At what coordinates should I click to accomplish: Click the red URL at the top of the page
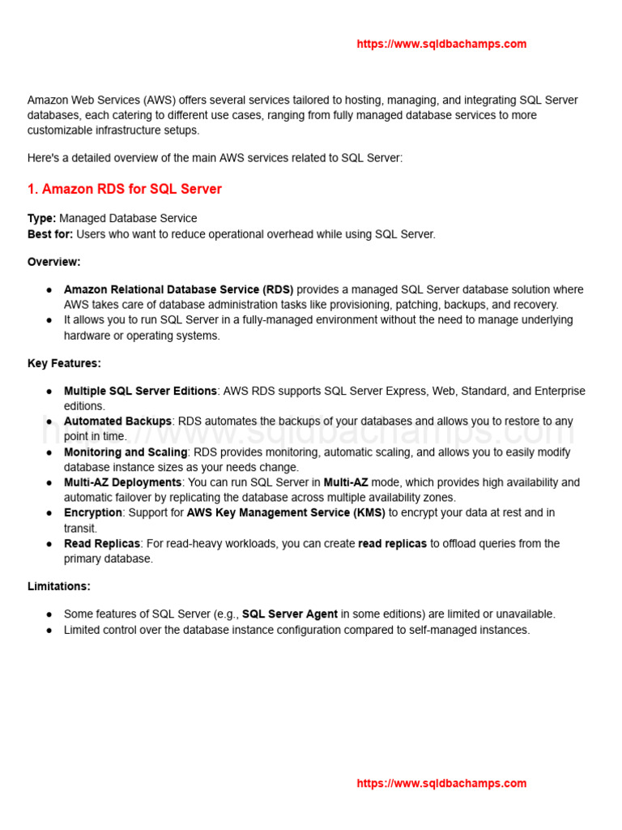(441, 44)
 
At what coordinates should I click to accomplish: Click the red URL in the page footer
(441, 783)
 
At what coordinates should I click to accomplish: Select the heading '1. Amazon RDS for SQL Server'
(124, 189)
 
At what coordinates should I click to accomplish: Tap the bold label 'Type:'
(41, 219)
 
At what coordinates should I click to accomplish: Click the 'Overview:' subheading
(53, 262)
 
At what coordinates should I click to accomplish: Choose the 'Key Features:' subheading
(64, 363)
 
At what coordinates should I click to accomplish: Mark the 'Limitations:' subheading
(58, 586)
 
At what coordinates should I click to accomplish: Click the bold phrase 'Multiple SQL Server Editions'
(140, 391)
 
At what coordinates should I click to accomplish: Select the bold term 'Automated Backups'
(117, 421)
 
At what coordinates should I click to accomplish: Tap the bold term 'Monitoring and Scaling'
(126, 452)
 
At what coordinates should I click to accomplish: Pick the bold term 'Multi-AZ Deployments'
(122, 482)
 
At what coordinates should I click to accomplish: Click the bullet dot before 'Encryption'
(49, 513)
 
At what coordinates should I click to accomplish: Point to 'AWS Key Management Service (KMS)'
(286, 513)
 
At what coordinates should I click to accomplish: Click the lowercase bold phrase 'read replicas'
(392, 544)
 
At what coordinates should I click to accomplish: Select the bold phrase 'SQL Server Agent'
(290, 614)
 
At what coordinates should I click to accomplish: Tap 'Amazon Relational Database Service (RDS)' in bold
(178, 289)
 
